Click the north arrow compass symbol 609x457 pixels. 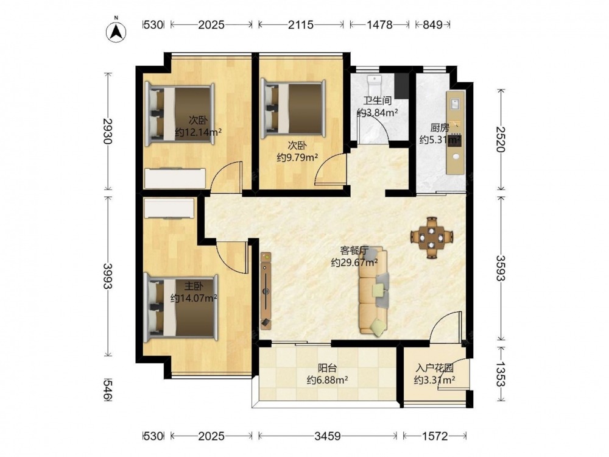click(x=116, y=31)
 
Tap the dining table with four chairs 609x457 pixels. click(x=432, y=238)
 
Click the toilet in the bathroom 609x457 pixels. click(x=375, y=82)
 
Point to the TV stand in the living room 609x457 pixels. click(x=266, y=291)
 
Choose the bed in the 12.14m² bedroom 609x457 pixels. click(x=180, y=115)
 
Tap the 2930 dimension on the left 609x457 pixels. click(x=108, y=131)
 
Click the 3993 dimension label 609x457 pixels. click(x=108, y=276)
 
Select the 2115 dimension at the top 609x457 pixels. click(x=301, y=25)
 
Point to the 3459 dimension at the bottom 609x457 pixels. click(x=328, y=436)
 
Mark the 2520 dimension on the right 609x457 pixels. click(x=501, y=140)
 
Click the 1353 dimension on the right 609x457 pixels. click(x=501, y=374)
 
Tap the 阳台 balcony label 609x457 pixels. click(x=327, y=367)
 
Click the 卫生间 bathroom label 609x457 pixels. click(x=377, y=101)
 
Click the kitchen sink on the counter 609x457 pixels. click(x=455, y=104)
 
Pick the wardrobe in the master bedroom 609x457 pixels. click(x=169, y=208)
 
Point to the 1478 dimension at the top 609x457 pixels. click(x=380, y=25)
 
